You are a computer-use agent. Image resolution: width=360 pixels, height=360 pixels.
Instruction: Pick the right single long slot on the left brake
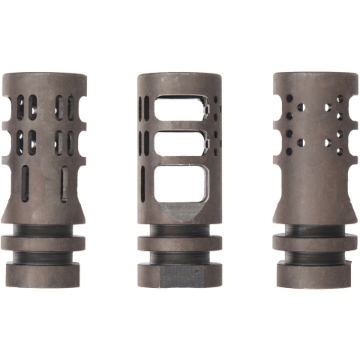click(64, 181)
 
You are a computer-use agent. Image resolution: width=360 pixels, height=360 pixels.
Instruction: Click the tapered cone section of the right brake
click(313, 202)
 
